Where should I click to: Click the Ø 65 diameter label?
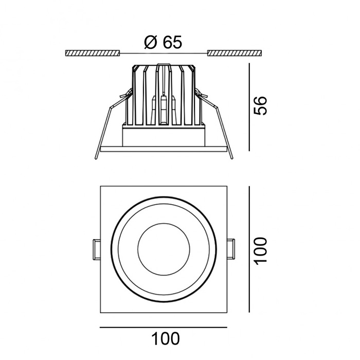coord(163,43)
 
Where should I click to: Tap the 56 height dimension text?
coord(260,105)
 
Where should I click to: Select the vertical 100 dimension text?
coord(261,251)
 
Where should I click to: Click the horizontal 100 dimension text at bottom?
coord(165,338)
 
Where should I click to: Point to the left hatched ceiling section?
coord(93,53)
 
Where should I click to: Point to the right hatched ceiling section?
coord(235,53)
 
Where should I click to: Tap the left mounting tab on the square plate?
coord(97,249)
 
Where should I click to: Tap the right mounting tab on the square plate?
coord(231,249)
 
